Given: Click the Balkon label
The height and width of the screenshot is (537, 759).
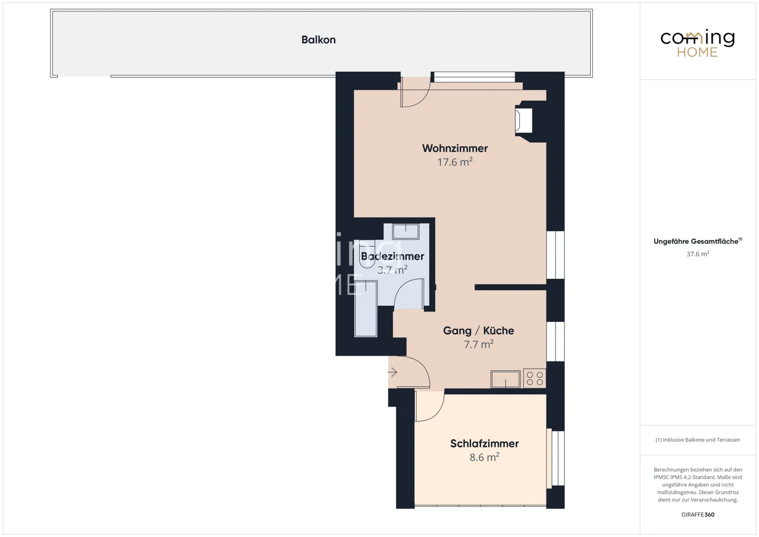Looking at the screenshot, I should coord(318,40).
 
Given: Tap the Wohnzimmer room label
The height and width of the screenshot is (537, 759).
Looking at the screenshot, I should coord(455,148).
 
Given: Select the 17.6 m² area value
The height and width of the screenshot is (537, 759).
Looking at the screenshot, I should coord(455,162).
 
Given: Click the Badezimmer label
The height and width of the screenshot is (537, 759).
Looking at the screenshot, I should coord(393,257).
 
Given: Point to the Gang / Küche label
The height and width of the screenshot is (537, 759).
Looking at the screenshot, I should coord(479,330).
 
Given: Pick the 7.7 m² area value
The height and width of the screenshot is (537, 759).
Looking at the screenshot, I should coord(479,345).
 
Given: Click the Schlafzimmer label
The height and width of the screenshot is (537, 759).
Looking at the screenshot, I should coord(484,444).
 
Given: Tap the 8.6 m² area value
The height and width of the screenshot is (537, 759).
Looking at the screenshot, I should coord(484,457).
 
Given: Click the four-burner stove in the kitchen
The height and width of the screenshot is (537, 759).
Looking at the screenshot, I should coord(534,379).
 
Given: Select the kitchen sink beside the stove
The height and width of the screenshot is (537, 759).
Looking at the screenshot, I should coord(505,379).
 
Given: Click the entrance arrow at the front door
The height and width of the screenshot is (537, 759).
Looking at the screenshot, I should coord(393,373).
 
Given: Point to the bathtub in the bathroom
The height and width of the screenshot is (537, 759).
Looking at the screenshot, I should coord(366,309).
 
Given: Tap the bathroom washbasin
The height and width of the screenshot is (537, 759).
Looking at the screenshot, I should coord(405,231).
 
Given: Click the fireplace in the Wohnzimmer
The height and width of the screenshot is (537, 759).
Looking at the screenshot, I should coord(525,121).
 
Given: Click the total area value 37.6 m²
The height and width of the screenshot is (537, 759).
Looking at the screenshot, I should coord(697,254).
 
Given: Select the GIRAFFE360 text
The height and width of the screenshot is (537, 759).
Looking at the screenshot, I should coord(697,514).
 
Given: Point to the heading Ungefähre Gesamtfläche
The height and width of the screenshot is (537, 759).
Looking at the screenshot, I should coord(696,241).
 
